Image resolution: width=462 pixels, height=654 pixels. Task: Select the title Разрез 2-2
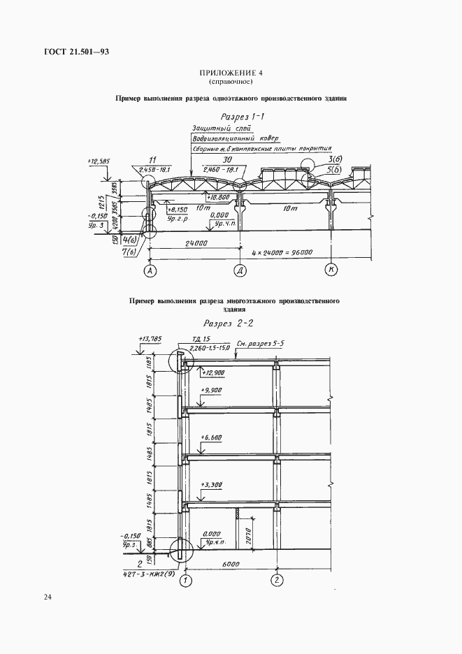coord(231,324)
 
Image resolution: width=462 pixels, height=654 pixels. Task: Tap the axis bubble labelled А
coord(149,270)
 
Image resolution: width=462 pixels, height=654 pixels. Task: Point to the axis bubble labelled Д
coord(239,270)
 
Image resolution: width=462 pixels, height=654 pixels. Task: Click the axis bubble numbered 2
coord(277,579)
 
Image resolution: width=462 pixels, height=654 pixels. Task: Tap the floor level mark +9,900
coord(210,390)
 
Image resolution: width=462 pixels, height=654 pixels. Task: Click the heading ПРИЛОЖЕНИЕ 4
coord(231,73)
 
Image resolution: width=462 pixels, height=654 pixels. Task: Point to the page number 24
coord(47,597)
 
